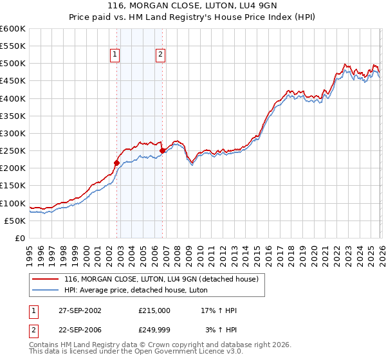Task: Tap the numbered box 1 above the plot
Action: pyautogui.click(x=115, y=55)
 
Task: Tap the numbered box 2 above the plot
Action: pyautogui.click(x=160, y=55)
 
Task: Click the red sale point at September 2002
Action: pyautogui.click(x=116, y=163)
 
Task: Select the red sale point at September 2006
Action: pyautogui.click(x=162, y=150)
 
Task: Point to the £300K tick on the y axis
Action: pyautogui.click(x=13, y=133)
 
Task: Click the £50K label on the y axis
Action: pyautogui.click(x=15, y=221)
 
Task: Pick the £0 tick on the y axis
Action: pyautogui.click(x=21, y=238)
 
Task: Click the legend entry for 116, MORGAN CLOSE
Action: pyautogui.click(x=161, y=279)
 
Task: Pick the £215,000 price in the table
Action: pyautogui.click(x=154, y=310)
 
